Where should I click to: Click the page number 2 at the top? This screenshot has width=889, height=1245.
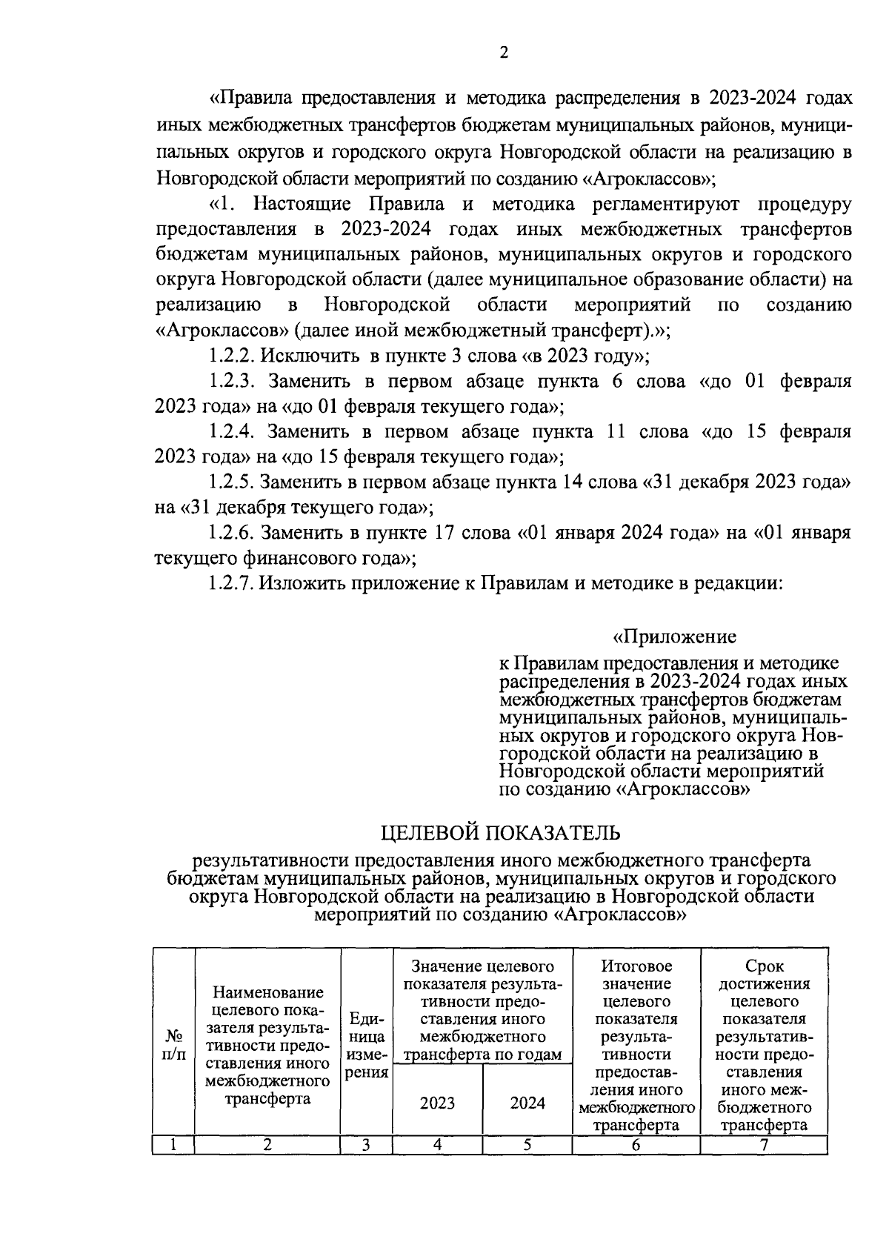(x=504, y=53)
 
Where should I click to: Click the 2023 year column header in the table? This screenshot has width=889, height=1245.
(x=437, y=1103)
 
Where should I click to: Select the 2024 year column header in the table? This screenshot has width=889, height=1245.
(x=527, y=1103)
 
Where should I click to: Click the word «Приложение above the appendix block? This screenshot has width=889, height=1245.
(x=674, y=637)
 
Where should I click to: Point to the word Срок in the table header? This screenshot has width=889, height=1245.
(x=765, y=966)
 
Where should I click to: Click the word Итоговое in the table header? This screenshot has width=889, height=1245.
(x=636, y=966)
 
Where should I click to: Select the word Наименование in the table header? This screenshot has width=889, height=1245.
(x=267, y=992)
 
